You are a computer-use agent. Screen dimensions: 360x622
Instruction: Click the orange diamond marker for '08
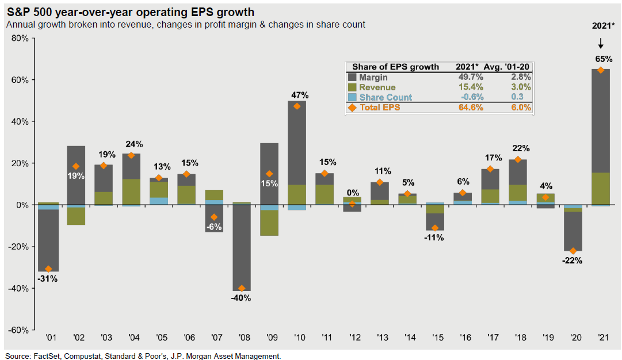click(242, 288)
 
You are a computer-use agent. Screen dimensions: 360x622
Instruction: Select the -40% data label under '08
click(242, 298)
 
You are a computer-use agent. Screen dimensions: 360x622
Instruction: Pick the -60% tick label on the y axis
click(19, 330)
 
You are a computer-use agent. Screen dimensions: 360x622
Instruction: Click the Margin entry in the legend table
click(373, 77)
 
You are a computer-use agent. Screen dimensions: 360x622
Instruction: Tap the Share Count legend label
click(386, 97)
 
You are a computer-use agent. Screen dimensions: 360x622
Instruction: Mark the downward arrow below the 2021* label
click(600, 43)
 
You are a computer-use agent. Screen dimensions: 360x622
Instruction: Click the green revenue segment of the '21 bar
click(601, 189)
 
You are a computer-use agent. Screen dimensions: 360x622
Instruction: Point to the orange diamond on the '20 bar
click(573, 251)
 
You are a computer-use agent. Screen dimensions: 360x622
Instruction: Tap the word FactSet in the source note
click(48, 356)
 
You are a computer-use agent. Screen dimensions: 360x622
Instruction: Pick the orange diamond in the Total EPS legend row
click(352, 108)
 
